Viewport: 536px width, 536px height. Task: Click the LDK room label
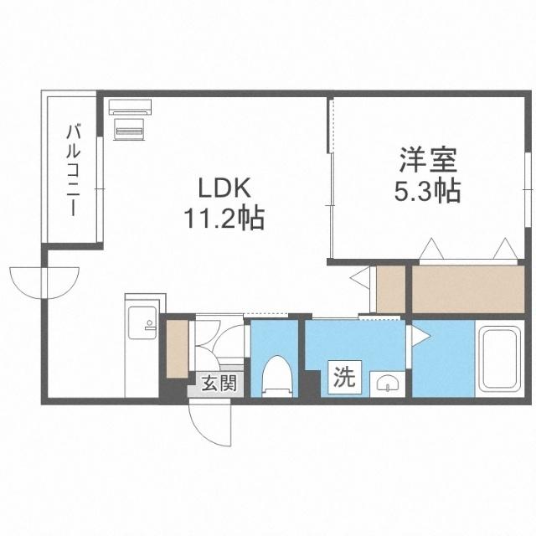coord(225,188)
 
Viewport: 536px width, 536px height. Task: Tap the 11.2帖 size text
coord(224,218)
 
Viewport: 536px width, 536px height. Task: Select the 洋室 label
coord(428,160)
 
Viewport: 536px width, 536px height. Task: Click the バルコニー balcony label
coord(73,171)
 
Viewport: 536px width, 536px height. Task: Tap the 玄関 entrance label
coord(219,383)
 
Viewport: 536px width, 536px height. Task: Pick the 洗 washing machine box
coord(344,378)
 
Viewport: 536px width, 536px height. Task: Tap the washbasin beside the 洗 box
coord(387,384)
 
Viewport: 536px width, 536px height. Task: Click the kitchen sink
coord(142,322)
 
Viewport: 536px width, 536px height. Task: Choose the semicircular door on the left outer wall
coord(44,283)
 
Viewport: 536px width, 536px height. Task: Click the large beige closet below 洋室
coord(467,289)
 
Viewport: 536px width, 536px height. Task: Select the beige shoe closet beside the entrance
coord(178,348)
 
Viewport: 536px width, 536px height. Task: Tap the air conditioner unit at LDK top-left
coord(130,106)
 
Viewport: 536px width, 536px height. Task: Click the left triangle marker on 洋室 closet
coord(431,249)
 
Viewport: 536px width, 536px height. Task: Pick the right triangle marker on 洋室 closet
coord(505,249)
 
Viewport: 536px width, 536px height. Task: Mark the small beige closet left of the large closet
coord(391,289)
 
